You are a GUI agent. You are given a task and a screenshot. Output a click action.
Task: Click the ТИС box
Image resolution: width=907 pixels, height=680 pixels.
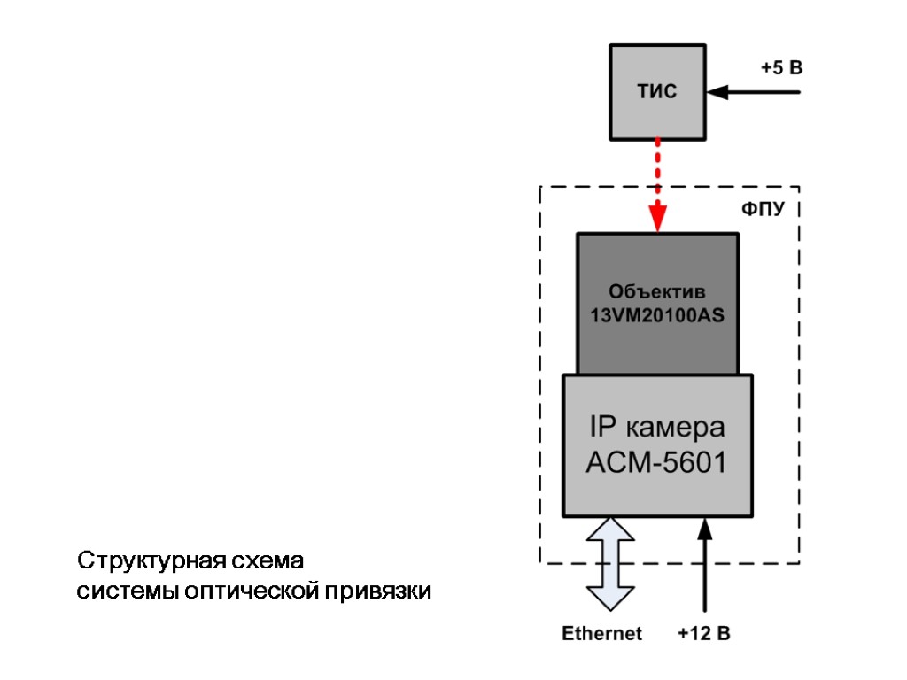(658, 91)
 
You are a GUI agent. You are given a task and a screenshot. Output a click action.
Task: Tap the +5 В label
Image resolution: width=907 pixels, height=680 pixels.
(781, 67)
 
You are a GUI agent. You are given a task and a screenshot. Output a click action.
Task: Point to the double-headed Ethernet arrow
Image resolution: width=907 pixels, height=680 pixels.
(611, 563)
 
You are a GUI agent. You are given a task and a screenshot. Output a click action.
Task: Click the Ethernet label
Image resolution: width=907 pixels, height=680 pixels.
(602, 634)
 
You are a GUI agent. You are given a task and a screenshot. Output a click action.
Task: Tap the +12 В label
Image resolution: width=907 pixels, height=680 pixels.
(703, 634)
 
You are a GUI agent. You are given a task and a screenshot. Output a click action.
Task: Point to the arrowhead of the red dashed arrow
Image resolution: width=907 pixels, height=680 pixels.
(657, 219)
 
